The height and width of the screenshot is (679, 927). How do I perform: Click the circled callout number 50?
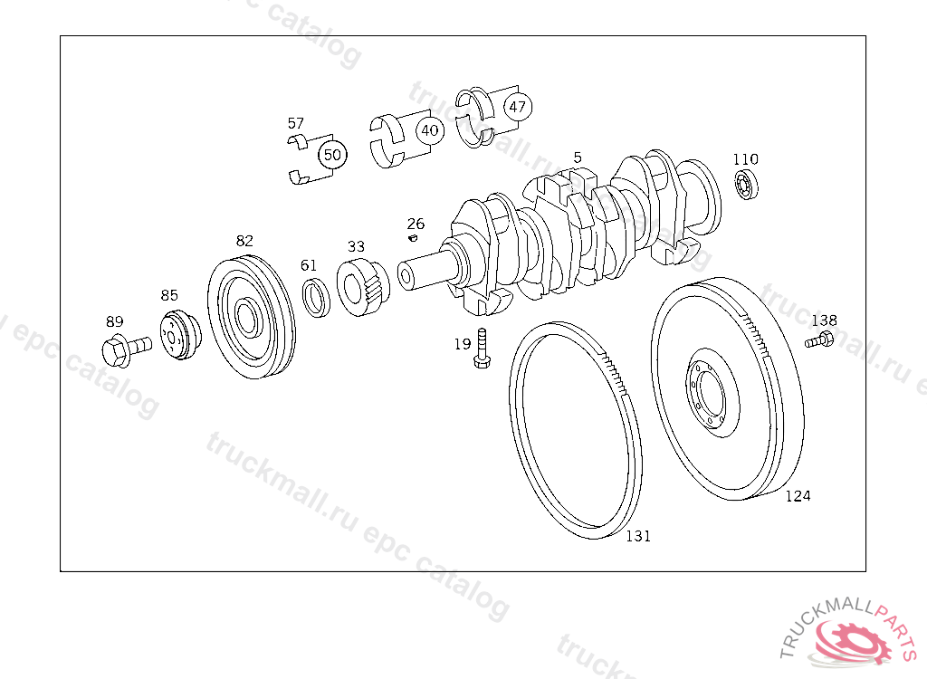(332, 155)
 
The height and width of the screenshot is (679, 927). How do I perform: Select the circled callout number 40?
(430, 130)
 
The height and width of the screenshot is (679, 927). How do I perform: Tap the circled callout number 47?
(517, 107)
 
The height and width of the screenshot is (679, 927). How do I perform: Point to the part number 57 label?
(296, 123)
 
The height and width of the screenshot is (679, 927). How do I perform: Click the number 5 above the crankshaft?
(578, 158)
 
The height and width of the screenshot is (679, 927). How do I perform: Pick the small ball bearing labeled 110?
(746, 184)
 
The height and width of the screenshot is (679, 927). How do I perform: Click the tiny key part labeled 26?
(413, 238)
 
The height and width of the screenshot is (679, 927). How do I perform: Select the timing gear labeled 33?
(362, 287)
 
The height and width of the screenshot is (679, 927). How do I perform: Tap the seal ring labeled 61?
(316, 297)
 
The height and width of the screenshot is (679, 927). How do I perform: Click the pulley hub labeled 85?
(180, 335)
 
